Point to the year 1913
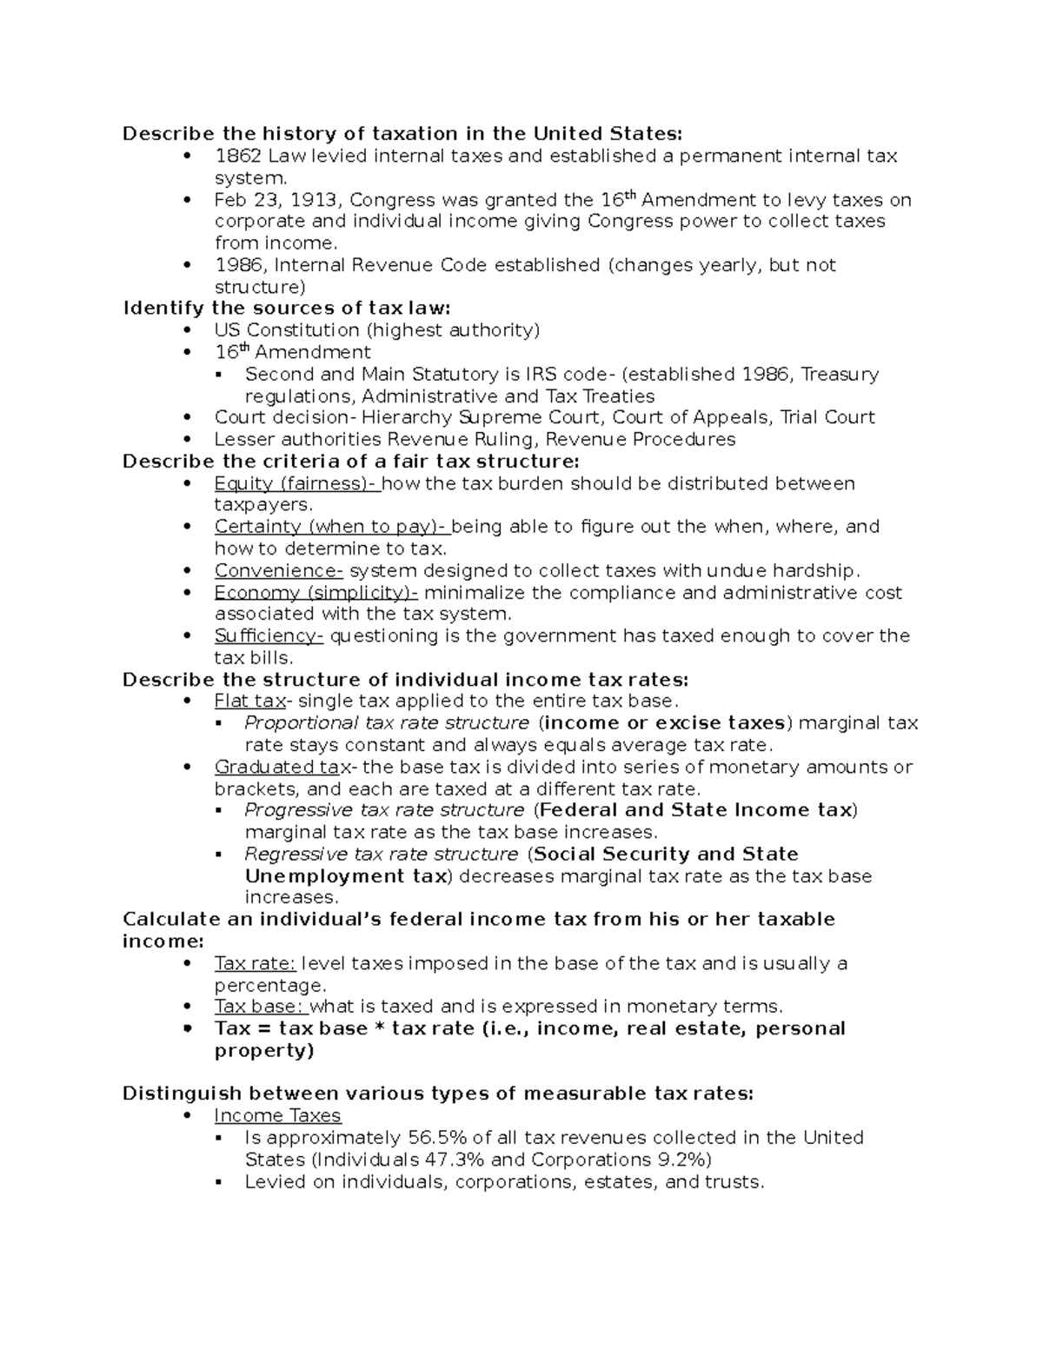point(315,201)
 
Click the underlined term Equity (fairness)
point(296,484)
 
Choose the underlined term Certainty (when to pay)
point(330,527)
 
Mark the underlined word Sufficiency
point(269,636)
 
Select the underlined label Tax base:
point(261,1007)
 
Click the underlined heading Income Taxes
point(277,1116)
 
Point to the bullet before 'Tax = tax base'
point(188,1029)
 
